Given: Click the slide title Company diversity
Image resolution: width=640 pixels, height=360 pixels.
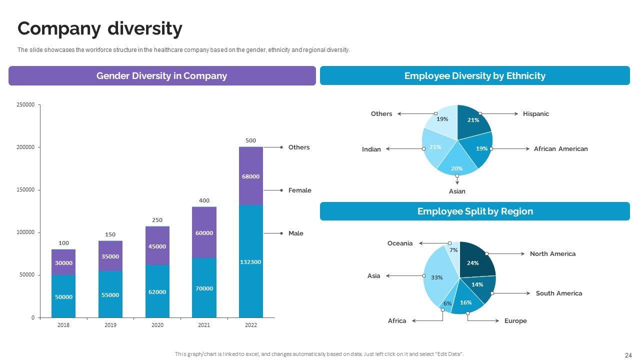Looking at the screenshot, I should pos(99,29).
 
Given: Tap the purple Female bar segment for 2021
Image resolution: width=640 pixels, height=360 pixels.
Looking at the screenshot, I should pos(204,232).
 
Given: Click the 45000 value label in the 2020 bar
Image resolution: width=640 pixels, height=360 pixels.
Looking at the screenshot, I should pos(157,246).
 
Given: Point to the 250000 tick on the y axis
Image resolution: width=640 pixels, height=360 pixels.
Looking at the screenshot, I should pos(25,104).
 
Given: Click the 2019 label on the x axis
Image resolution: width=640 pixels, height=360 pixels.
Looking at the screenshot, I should pos(110,325).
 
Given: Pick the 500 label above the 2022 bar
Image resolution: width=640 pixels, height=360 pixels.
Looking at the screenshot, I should pos(250,140).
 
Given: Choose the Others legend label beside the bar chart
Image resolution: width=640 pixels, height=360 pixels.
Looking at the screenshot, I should pos(299,147).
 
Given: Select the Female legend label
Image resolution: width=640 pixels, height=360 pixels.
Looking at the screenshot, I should pos(299,190).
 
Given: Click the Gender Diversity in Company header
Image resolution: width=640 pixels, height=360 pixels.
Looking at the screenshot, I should pos(161,76).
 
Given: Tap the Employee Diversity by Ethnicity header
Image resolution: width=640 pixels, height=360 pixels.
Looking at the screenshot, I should pos(474,76).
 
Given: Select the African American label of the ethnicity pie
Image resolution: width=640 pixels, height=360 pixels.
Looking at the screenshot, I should pos(560,149).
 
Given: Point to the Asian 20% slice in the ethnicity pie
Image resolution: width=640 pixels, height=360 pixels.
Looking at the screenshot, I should pos(456,165).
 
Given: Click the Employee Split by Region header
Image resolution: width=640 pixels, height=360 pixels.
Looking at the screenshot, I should pos(474,211).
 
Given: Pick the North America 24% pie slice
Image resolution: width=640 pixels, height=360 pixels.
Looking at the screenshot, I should pos(475,260).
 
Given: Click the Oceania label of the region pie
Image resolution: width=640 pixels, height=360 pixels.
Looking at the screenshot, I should pos(400,243).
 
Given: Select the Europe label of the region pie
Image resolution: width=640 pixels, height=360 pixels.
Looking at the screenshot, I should pos(515,321).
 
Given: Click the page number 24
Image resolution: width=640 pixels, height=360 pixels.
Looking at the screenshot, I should pos(628,355).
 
